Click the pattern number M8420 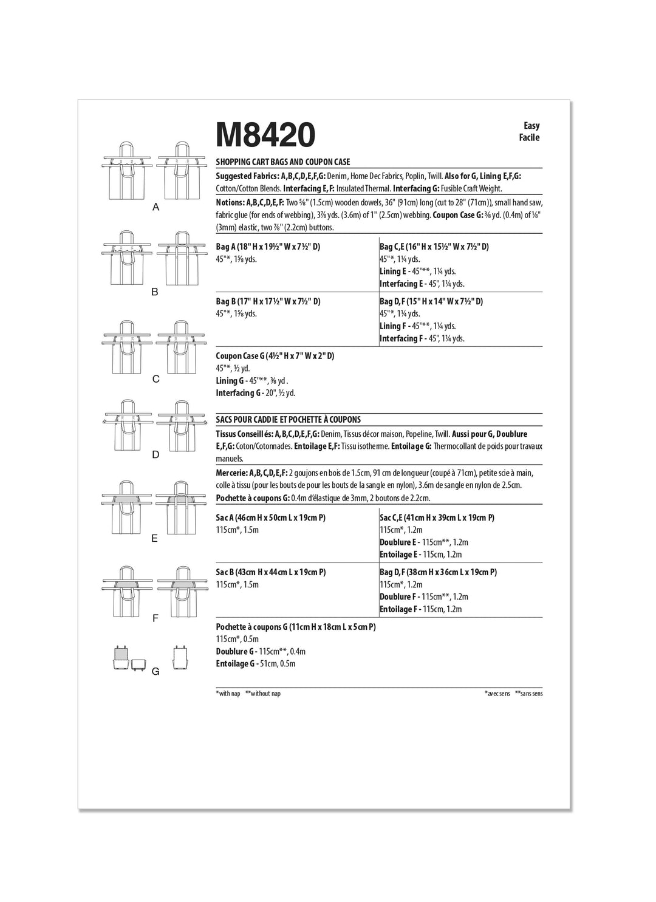[x=265, y=135]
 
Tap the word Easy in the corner [x=531, y=126]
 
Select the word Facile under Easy [x=529, y=137]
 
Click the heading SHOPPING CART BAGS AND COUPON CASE [x=283, y=162]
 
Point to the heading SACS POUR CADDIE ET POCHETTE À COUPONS [x=289, y=420]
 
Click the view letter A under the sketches [x=156, y=207]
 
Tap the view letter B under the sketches [x=155, y=292]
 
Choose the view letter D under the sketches [x=155, y=454]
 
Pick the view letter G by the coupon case [x=155, y=671]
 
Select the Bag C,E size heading [x=434, y=247]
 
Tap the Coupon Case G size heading [x=275, y=356]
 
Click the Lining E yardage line [x=417, y=272]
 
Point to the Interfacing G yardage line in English [x=255, y=393]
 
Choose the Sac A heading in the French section [x=271, y=518]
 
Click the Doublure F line [x=424, y=597]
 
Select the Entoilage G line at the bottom [x=255, y=664]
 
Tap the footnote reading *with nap [x=228, y=694]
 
